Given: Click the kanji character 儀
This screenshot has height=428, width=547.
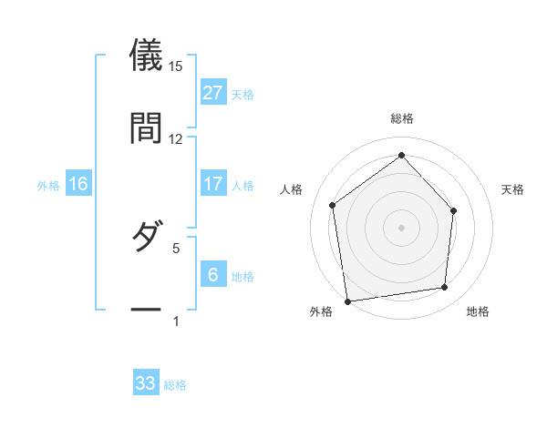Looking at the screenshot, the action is (146, 56).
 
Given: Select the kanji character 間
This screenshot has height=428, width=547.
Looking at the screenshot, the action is (146, 127).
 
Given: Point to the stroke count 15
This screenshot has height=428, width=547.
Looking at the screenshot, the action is (176, 66).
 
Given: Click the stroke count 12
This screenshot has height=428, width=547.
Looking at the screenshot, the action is (176, 138).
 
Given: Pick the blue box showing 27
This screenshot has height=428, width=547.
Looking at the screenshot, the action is (212, 93).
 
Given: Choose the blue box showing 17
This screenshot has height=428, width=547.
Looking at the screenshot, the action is (212, 184).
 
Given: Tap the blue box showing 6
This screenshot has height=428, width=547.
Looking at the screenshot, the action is (212, 275).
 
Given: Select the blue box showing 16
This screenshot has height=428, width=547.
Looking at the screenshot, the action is (78, 184).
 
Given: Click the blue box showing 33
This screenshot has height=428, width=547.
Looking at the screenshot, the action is (146, 383).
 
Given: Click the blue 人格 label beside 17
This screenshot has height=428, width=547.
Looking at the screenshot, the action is (243, 186).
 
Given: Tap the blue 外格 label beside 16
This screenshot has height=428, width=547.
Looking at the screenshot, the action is (48, 186).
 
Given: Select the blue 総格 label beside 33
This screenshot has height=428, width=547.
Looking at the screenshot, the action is (175, 385).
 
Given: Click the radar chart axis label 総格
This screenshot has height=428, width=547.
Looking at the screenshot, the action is (402, 118).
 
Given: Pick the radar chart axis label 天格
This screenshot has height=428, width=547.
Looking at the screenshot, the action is (513, 189).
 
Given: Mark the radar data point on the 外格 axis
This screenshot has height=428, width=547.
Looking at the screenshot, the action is (347, 301).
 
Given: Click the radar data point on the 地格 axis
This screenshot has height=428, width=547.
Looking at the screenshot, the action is (445, 287).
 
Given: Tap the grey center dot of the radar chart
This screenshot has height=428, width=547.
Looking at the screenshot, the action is (401, 227).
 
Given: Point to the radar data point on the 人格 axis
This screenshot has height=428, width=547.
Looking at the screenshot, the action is (333, 205).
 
